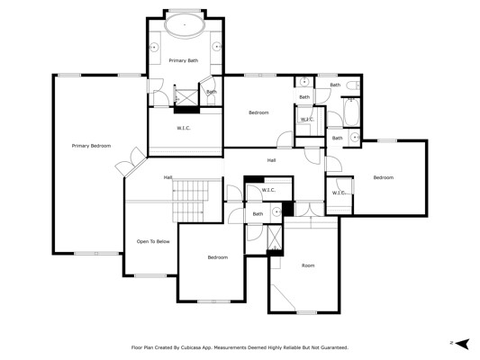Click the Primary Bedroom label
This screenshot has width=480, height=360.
[x=91, y=146]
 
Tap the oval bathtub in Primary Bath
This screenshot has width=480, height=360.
[x=185, y=25]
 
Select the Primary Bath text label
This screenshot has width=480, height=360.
[x=184, y=60]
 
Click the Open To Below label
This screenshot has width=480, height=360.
[x=153, y=241]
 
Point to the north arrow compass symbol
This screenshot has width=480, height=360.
[x=462, y=344]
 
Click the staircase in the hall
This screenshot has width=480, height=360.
[x=191, y=201]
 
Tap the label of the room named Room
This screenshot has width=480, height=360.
[x=308, y=265]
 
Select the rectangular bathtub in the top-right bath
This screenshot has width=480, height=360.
[x=351, y=112]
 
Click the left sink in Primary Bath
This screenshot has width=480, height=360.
[x=154, y=48]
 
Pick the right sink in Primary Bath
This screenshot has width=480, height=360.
[x=216, y=47]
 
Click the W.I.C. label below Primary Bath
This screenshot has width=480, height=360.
[x=184, y=128]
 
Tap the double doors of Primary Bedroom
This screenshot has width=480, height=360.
[x=131, y=161]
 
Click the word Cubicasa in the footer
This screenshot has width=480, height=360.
[x=190, y=347]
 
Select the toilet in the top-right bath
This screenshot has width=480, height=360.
[x=353, y=85]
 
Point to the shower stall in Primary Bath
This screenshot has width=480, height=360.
[x=186, y=97]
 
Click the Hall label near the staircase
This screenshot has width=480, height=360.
[x=168, y=177]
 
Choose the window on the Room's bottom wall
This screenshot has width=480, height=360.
[x=306, y=312]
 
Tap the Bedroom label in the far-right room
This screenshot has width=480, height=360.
[x=384, y=177]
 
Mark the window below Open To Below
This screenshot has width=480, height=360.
[x=150, y=276]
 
